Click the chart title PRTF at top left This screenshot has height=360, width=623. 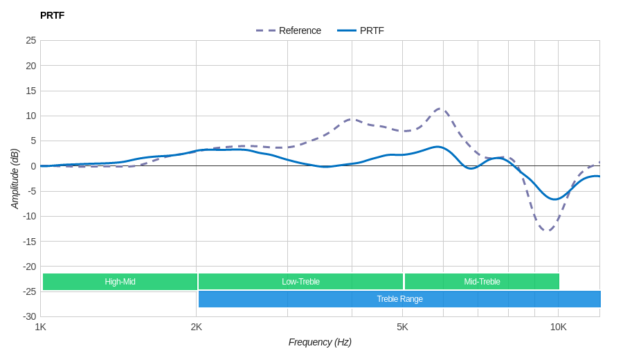pos(52,15)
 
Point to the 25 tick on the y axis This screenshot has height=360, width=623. pos(31,40)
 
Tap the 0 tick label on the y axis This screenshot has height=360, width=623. pos(33,166)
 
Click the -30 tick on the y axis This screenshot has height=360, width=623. pos(29,316)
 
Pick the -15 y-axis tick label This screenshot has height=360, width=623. pos(29,241)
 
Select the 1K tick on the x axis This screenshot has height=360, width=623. pos(41,327)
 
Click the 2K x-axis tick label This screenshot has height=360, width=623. pos(197,327)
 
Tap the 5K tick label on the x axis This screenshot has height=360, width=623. pos(402,327)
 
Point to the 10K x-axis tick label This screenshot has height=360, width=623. pos(558,327)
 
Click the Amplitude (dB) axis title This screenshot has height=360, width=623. pos(15,179)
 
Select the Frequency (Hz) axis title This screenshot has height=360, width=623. pos(320,342)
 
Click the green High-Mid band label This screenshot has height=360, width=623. pos(120,282)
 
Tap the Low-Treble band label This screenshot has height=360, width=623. pos(300,282)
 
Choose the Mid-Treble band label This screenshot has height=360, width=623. pos(482,282)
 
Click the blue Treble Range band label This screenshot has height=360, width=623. pos(399,299)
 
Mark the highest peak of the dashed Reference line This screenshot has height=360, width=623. pos(441,109)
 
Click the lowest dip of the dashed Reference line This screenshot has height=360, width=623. pos(548,231)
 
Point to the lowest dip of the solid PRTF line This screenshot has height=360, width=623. pos(554,199)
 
